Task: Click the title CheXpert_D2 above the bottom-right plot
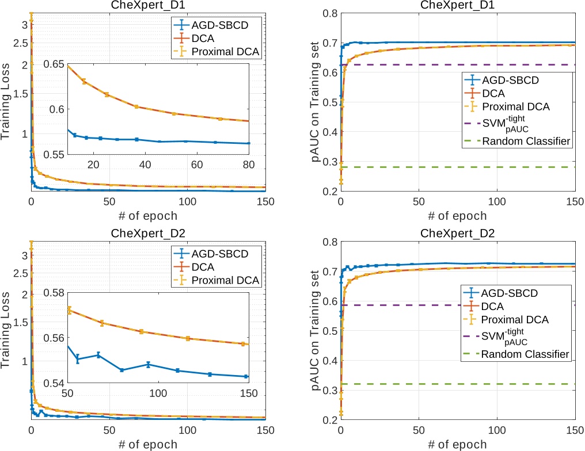click(458, 234)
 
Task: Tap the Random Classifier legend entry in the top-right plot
click(526, 142)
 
